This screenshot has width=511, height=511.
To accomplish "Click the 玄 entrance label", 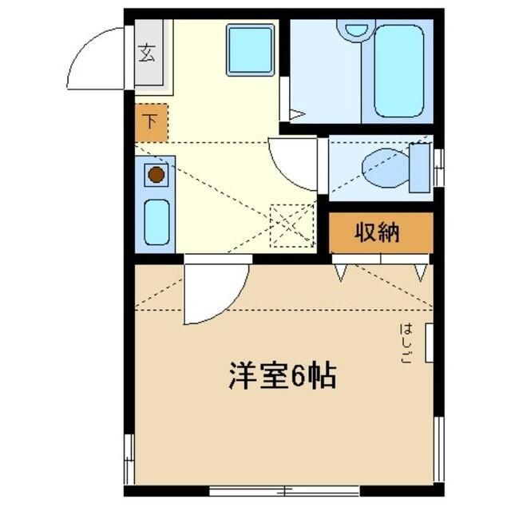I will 148,53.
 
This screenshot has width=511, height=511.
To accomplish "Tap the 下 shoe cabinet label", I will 150,123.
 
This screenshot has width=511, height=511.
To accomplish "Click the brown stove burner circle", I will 156,174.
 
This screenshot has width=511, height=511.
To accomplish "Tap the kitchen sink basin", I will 156,220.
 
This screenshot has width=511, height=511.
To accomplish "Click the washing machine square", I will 250,49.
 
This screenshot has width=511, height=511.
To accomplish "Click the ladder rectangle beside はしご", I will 430,342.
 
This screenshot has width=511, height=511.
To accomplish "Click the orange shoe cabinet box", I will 151,123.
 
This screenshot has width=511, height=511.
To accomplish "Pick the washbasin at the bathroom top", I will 352,30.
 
